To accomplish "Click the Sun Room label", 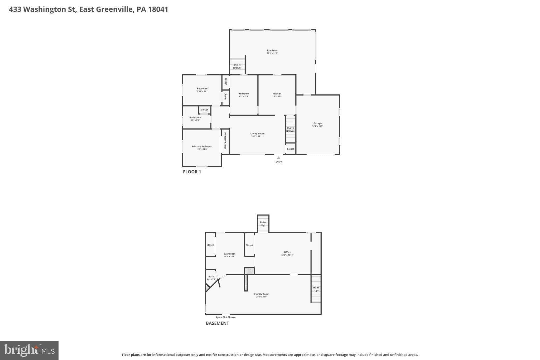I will [x=272, y=50].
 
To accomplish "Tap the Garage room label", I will [x=317, y=123].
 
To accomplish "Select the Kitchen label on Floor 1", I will [x=277, y=94].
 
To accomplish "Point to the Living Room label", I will [x=257, y=133].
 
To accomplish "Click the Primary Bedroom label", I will [x=202, y=146].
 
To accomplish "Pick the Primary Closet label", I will [x=225, y=141].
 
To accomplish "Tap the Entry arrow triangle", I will [x=278, y=158].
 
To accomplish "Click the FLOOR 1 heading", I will [x=192, y=172].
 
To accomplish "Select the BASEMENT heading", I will [x=217, y=323].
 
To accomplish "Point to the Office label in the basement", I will [x=287, y=252].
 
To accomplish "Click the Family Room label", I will [x=262, y=294].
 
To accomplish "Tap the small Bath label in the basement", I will [x=211, y=277].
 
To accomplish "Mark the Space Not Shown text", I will [x=225, y=317].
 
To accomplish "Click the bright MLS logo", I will [x=29, y=350].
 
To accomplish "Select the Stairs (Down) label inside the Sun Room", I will [x=237, y=66].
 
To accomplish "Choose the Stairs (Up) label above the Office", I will [x=263, y=224].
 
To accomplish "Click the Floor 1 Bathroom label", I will [x=195, y=117].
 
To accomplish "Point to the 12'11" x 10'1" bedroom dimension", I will [x=202, y=91].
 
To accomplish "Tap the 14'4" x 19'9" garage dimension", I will [x=317, y=126].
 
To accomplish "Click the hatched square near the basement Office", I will [x=249, y=271].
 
